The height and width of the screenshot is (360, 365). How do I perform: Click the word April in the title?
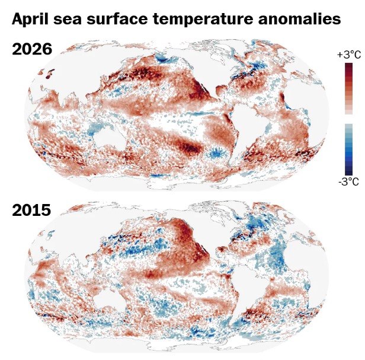click(31, 20)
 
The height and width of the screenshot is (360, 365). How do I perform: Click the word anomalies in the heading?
click(302, 20)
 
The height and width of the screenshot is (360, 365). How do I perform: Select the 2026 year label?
click(32, 49)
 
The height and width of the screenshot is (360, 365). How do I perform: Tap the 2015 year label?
click(32, 210)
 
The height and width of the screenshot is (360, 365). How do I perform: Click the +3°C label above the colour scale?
click(348, 55)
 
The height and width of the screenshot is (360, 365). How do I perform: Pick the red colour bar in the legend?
click(348, 88)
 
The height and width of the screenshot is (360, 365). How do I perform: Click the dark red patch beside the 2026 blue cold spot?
click(191, 146)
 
